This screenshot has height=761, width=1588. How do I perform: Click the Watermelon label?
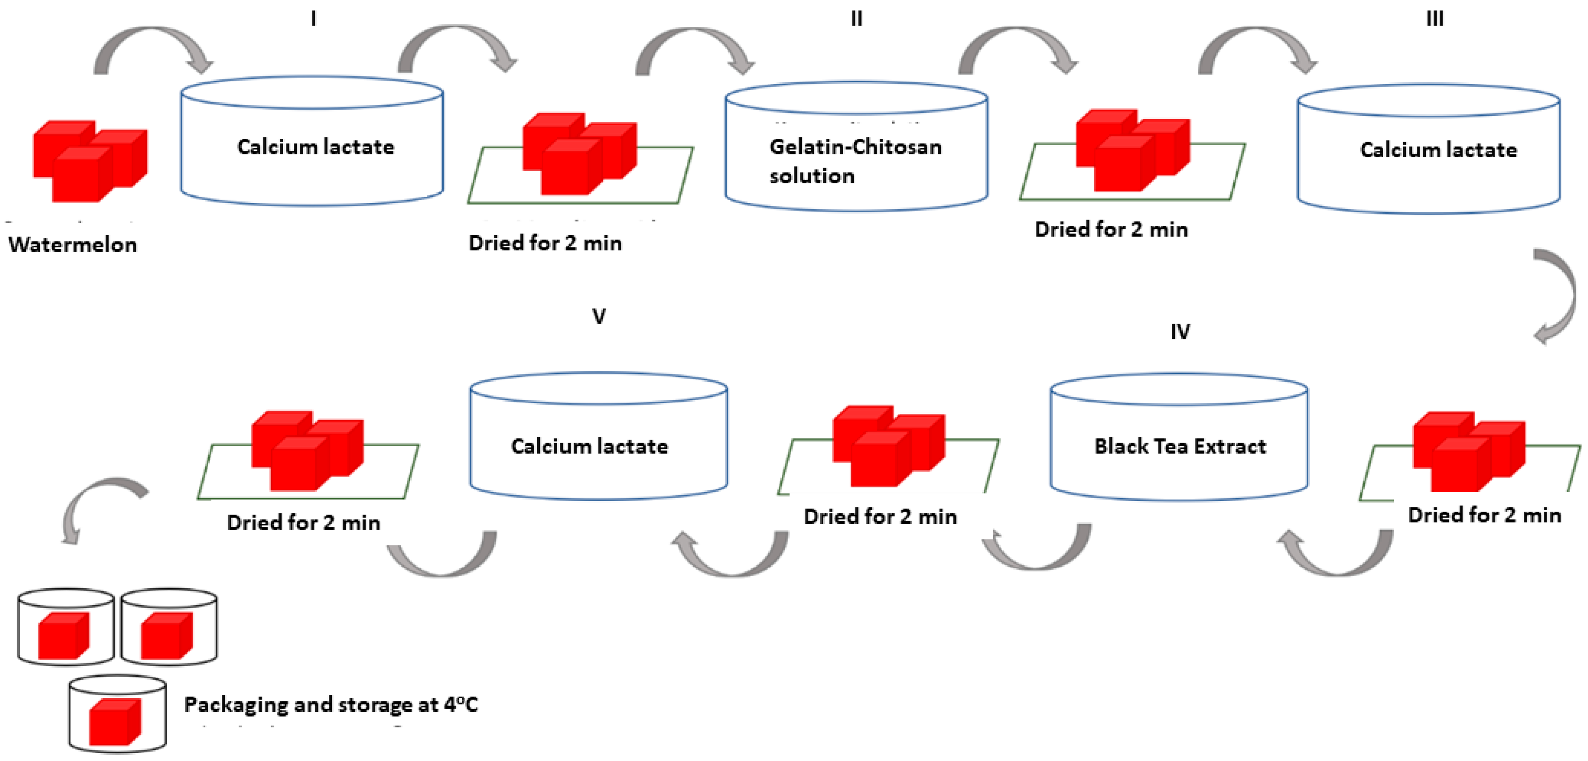point(73,245)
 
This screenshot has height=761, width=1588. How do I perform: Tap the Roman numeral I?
point(314,19)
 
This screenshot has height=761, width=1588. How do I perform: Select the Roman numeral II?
point(856,19)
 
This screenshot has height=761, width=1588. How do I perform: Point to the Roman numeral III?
point(1434,19)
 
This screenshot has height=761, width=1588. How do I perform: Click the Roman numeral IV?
point(1180,332)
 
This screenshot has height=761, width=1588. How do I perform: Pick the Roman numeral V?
point(598,316)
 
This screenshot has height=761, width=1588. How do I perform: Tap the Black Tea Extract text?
point(1180,446)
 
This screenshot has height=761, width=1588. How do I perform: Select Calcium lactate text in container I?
point(315,147)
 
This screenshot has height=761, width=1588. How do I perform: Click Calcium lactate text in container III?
point(1438,150)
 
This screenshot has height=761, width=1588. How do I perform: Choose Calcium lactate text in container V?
point(589,446)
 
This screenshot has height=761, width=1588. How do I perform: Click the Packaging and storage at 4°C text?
point(331,704)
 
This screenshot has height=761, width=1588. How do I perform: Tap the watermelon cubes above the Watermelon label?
point(90,160)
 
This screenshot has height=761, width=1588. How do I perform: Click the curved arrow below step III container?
point(1556,296)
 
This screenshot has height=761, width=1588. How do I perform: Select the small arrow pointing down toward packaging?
point(99,506)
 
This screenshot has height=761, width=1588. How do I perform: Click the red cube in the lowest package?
point(115,722)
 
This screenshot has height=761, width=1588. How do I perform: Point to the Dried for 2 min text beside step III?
point(1111,229)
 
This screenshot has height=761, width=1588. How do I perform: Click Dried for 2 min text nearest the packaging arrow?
point(303,522)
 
